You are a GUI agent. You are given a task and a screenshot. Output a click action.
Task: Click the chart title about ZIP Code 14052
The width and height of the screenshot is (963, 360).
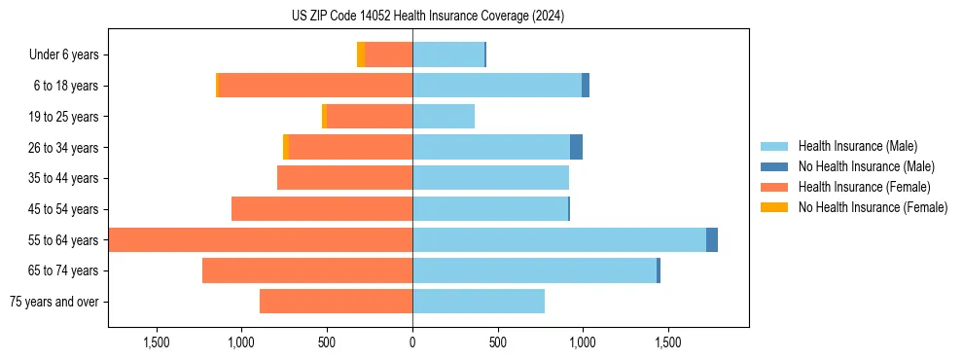point(427,17)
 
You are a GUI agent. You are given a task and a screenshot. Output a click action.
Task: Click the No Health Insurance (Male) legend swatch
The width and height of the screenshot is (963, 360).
point(774,166)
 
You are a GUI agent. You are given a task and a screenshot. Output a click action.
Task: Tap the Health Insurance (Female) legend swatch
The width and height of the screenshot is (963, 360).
point(774,187)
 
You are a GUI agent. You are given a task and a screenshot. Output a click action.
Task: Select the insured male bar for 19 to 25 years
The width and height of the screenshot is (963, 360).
point(444,117)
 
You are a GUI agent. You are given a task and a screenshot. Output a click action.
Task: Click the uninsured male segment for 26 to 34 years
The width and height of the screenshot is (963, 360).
point(576,147)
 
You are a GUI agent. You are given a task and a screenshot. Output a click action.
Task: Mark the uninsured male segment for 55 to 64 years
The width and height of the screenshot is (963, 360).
point(712,239)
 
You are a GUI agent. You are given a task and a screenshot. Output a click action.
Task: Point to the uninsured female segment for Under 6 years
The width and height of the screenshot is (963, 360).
point(361,54)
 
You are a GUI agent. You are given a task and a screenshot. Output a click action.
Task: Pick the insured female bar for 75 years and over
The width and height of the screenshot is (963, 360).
point(336,302)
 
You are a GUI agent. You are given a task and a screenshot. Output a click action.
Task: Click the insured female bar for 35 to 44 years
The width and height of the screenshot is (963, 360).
point(344,178)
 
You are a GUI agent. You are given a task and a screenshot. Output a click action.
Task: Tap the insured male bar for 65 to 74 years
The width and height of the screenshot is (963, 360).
point(534,270)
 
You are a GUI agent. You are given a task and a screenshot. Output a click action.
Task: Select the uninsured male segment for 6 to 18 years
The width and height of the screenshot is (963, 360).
point(586,86)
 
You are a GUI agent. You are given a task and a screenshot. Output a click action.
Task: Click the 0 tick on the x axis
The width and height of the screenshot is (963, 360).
point(412,342)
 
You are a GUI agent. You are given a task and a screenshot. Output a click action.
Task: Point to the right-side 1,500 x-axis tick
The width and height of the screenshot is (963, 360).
point(668,342)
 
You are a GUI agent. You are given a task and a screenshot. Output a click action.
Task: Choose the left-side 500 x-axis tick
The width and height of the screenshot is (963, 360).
point(327,342)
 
